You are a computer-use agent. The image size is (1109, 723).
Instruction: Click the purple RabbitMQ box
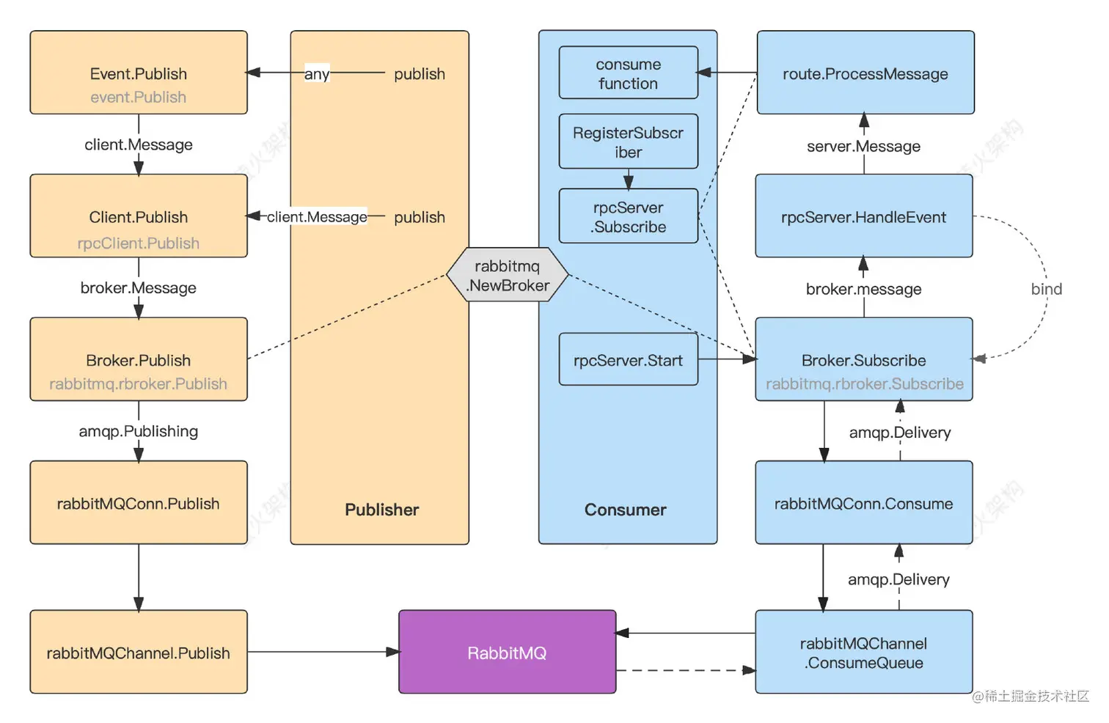507,652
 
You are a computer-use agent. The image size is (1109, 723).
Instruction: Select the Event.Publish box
138,73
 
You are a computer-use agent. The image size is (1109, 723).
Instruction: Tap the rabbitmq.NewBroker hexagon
508,276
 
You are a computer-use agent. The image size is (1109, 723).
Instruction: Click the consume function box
628,73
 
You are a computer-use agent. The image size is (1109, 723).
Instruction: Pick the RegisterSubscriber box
628,142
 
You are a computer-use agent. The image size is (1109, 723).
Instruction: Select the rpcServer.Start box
628,360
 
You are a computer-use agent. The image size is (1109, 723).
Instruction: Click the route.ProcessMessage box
865,73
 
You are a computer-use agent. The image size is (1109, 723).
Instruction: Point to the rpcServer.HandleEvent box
863,216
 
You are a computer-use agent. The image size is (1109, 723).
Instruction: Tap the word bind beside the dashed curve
1046,289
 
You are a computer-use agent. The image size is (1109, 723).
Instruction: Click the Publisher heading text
381,510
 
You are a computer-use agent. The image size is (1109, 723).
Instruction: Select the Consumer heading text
625,510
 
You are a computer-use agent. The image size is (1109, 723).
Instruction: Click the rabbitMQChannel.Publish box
138,653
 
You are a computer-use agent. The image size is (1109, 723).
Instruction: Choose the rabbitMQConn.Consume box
863,503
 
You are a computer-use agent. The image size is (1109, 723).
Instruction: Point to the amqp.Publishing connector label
138,431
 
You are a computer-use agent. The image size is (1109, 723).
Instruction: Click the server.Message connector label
863,146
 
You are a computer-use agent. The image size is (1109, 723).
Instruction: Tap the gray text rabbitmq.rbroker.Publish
138,383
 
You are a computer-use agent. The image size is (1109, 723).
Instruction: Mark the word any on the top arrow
317,74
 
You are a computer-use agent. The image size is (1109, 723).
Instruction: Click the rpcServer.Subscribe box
628,216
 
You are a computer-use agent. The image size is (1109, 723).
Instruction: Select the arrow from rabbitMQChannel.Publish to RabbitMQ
323,652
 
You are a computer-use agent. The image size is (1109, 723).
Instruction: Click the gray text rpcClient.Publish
138,243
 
